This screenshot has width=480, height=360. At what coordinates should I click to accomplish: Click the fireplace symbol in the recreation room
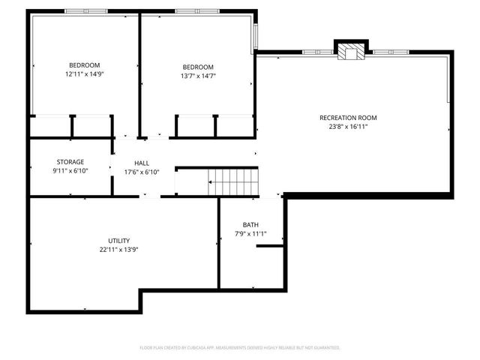tap(349, 51)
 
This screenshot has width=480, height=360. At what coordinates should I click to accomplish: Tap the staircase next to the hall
tap(233, 180)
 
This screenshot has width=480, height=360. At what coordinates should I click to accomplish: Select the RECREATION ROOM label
tap(348, 118)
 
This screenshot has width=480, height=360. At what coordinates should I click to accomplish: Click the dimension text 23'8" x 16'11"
tap(348, 127)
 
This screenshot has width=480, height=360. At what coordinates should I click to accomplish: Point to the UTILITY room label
tap(119, 241)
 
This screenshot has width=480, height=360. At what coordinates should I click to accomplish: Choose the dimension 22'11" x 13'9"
tap(119, 250)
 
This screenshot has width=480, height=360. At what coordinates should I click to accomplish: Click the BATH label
tap(250, 225)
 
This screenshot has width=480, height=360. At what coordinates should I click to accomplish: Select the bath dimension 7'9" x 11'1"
tap(250, 234)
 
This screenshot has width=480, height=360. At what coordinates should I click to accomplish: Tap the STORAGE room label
tap(70, 162)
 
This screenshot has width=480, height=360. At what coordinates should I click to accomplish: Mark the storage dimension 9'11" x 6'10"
tap(70, 171)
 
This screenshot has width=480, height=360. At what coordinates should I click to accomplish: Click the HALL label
tap(142, 163)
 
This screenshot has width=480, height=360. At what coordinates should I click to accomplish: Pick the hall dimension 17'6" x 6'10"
tap(142, 172)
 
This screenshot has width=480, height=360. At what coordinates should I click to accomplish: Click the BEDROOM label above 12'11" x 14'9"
tap(84, 65)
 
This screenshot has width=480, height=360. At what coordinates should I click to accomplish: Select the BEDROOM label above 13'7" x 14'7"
tap(197, 67)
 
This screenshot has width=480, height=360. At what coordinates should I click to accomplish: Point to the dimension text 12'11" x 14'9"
tap(84, 74)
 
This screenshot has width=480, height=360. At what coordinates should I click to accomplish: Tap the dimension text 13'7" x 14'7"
tap(197, 76)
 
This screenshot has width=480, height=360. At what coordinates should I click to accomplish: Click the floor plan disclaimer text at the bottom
tap(240, 347)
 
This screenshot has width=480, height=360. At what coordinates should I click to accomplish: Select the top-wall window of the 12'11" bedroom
tap(85, 10)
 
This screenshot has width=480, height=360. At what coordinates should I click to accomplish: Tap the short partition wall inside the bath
tap(271, 245)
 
